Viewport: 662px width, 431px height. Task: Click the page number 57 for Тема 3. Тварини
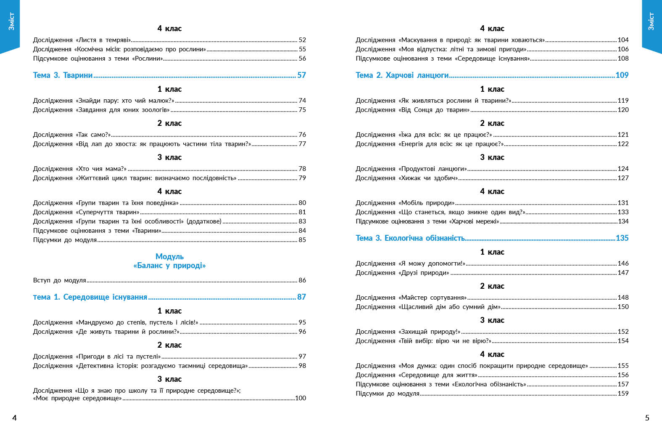(x=301, y=75)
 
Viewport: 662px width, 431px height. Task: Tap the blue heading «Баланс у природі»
(x=169, y=266)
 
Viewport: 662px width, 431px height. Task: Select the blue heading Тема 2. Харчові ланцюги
(x=402, y=75)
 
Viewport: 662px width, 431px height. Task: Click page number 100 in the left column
(x=301, y=398)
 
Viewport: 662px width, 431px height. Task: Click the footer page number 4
(x=15, y=418)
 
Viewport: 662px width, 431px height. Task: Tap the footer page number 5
(x=647, y=418)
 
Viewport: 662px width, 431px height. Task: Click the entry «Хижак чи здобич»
(x=406, y=178)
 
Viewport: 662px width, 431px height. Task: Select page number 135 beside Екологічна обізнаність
(x=622, y=238)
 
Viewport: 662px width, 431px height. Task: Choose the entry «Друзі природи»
(x=402, y=273)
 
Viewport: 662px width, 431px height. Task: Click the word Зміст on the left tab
(x=11, y=21)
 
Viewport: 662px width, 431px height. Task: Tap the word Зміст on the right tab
(x=651, y=21)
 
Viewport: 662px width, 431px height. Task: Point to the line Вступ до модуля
(x=59, y=280)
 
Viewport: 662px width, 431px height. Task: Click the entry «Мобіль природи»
(x=405, y=203)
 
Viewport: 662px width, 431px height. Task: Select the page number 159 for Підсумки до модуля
(x=623, y=394)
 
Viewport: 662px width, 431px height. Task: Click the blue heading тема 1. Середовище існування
(x=90, y=297)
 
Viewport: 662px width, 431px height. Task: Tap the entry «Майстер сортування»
(x=411, y=298)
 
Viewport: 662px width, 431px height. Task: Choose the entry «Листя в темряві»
(x=82, y=40)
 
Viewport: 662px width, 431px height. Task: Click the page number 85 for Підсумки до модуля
(x=302, y=240)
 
